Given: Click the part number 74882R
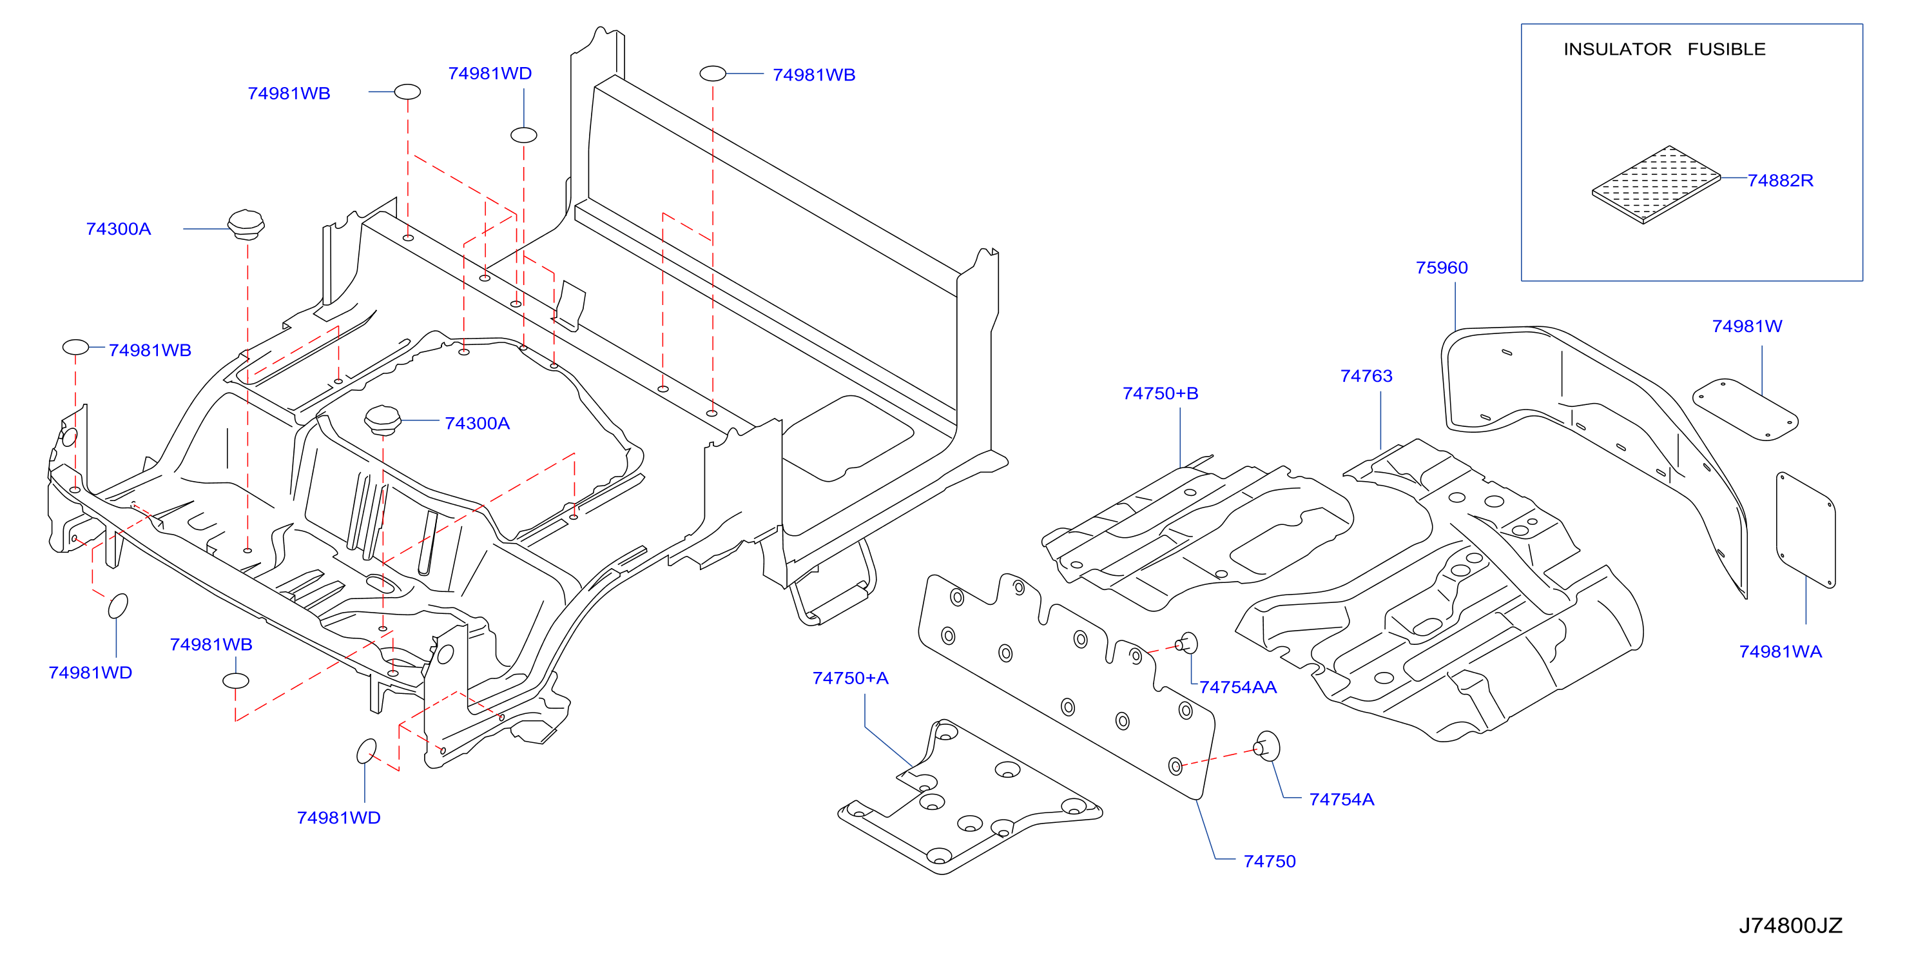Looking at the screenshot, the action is click(1780, 181).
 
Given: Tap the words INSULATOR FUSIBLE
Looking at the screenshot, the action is click(1664, 49).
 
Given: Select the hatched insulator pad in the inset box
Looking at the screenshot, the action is click(1656, 184).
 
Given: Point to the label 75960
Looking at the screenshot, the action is click(1442, 268).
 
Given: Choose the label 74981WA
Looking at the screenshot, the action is click(1780, 652).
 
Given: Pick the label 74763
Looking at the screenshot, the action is click(1366, 376).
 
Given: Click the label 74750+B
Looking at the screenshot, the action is click(1160, 393).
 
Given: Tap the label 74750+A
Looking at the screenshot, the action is click(850, 678).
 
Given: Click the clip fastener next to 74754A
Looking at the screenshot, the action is click(1266, 745).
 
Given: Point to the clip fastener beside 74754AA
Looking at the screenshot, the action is click(1186, 643).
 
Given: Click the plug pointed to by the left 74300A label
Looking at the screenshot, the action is click(246, 224).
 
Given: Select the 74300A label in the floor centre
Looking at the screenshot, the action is click(477, 424).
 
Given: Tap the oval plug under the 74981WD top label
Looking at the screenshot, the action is click(523, 135).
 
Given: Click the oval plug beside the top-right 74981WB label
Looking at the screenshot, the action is click(713, 74).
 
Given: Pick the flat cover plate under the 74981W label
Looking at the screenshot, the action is click(1745, 409).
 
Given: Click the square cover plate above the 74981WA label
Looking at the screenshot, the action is click(1805, 530).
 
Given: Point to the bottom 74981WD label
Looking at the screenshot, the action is click(338, 818).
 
